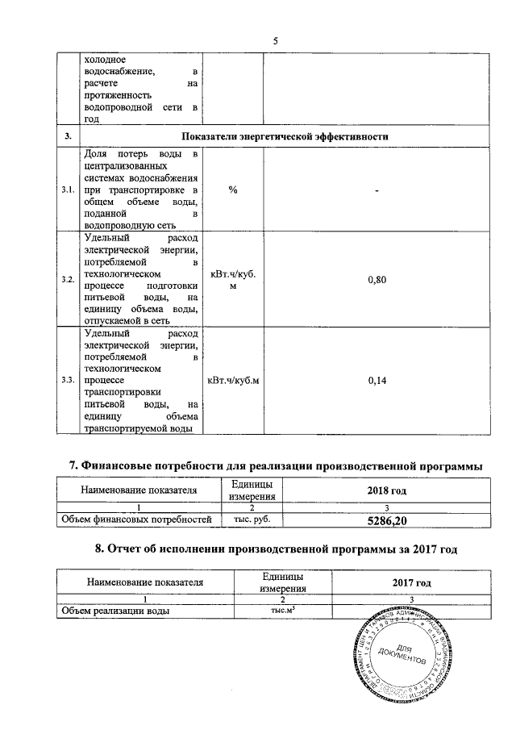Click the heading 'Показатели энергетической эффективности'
click(285, 137)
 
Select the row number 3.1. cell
click(68, 190)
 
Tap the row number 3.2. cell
click(68, 279)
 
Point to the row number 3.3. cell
click(68, 380)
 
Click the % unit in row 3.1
click(232, 190)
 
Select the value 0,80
click(377, 279)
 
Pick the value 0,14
click(377, 380)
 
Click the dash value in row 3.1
click(377, 190)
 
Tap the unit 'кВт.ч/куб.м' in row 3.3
click(232, 380)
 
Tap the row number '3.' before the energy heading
click(68, 137)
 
